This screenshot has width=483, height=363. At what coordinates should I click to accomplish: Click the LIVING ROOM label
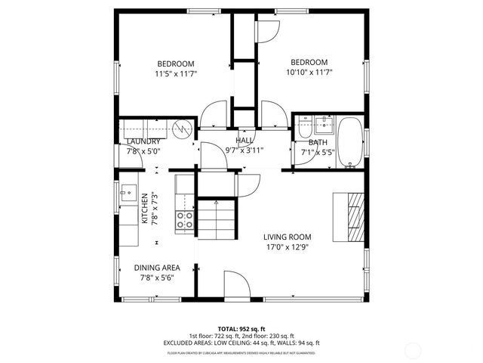(286, 237)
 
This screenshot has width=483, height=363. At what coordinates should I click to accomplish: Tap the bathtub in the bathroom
(349, 141)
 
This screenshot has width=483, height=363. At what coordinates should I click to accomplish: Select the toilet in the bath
(303, 127)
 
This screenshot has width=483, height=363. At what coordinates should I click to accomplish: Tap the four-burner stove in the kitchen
(185, 220)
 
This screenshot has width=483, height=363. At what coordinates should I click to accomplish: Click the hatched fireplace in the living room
(352, 216)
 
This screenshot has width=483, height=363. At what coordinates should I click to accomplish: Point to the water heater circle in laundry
(181, 129)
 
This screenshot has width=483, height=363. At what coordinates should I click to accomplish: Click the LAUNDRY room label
(143, 141)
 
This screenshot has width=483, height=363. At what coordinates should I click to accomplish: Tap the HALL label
(244, 141)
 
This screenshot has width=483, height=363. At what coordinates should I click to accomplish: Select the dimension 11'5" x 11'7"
(175, 74)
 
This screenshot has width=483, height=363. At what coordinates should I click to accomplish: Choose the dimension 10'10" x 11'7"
(309, 73)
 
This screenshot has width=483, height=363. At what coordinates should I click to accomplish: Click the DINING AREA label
(157, 268)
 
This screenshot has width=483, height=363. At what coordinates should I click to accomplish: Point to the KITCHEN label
(145, 209)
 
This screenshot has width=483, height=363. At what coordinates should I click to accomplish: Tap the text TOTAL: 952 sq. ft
(241, 329)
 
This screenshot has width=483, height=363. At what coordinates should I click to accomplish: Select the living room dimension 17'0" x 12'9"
(286, 247)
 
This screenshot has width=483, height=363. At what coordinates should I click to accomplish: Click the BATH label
(318, 142)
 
